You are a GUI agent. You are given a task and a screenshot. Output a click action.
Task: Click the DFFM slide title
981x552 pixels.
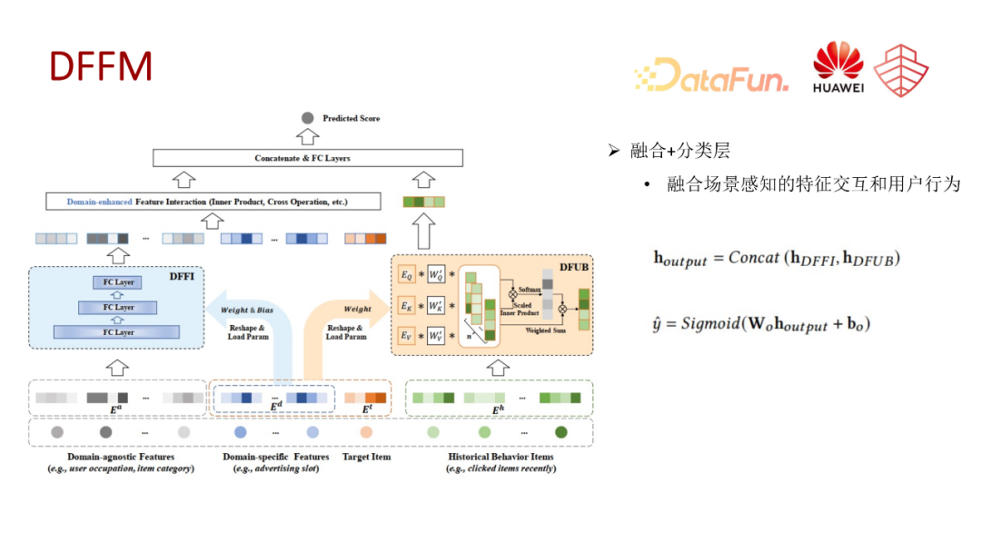pyautogui.click(x=100, y=67)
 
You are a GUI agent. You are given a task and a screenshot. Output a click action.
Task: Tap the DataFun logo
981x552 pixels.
pyautogui.click(x=711, y=74)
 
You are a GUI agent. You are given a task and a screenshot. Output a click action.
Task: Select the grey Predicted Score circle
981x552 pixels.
pyautogui.click(x=307, y=118)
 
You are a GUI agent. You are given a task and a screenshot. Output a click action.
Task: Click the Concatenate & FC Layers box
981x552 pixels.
pyautogui.click(x=302, y=158)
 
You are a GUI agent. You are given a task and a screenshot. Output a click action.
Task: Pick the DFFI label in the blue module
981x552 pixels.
pyautogui.click(x=182, y=276)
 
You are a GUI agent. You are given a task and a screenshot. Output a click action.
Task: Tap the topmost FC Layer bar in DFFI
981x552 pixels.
pyautogui.click(x=118, y=282)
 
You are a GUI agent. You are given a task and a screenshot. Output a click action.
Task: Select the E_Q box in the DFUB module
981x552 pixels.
pyautogui.click(x=407, y=272)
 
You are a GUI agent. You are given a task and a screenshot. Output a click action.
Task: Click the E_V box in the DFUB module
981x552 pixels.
pyautogui.click(x=407, y=336)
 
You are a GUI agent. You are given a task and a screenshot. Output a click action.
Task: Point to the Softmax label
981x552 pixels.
pyautogui.click(x=530, y=288)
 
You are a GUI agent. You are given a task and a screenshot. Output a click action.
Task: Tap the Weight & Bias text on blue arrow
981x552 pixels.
pyautogui.click(x=246, y=310)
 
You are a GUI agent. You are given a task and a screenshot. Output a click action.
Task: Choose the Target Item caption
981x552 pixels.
pyautogui.click(x=366, y=457)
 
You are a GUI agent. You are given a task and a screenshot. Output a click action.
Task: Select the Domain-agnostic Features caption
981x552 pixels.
pyautogui.click(x=121, y=457)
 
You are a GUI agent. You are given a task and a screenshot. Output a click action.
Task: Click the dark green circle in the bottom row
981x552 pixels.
pyautogui.click(x=561, y=432)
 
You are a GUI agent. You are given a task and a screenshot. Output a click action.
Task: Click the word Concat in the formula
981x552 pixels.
pyautogui.click(x=752, y=257)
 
